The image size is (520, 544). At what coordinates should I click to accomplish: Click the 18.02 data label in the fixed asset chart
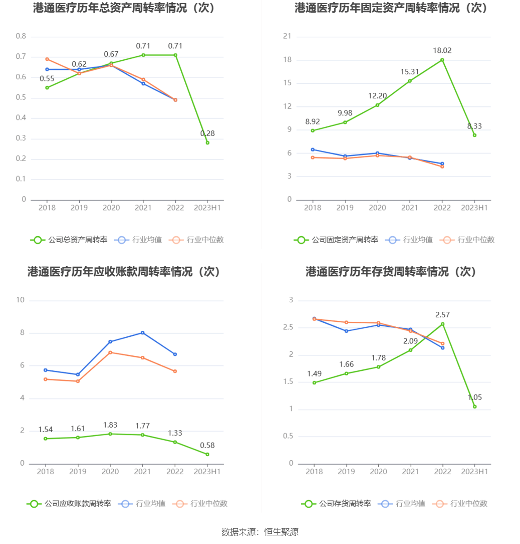pos(442,50)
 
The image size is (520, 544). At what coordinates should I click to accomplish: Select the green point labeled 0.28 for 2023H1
pos(207,143)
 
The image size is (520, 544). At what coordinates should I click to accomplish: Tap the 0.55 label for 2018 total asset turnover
pos(47,79)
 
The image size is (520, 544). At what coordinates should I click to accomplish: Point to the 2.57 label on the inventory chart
pos(443,315)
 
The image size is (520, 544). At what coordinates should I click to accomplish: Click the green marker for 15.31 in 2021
pos(410,81)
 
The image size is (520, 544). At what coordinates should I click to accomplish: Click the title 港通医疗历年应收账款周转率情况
pos(124,272)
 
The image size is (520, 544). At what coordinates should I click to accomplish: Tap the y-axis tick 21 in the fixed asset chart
pos(287,36)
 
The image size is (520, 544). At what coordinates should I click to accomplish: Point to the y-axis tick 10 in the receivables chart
pos(20,300)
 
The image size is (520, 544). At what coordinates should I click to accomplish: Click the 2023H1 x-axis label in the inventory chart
pos(474,472)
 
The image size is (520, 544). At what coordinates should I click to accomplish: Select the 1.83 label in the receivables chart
pos(110,425)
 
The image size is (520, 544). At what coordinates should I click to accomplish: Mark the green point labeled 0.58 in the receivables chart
pos(207,454)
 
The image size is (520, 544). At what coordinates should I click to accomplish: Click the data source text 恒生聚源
pos(281,532)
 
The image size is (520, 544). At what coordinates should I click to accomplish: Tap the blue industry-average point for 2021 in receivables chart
pos(143,333)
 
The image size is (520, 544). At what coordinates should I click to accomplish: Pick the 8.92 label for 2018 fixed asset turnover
pos(313,122)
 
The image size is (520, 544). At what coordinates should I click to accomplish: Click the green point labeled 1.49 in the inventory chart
pos(314,383)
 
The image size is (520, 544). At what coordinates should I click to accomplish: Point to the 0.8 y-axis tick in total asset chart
pos(21,36)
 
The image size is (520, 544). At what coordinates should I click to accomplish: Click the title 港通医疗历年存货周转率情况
pos(391,272)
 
